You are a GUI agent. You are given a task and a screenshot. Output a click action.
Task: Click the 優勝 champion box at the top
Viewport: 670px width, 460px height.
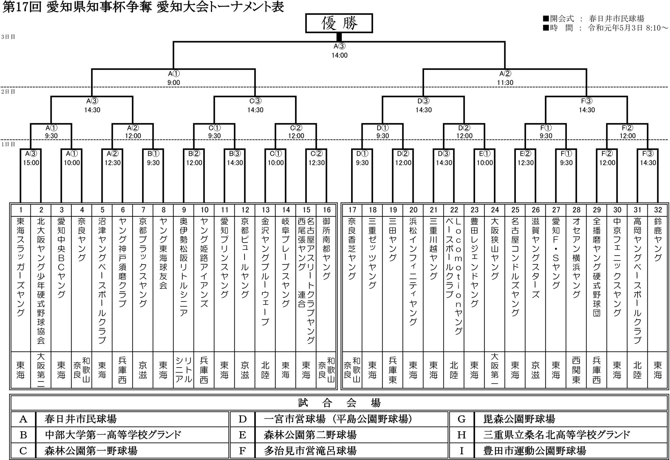[339, 23]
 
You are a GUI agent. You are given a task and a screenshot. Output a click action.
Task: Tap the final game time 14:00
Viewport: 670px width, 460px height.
[339, 55]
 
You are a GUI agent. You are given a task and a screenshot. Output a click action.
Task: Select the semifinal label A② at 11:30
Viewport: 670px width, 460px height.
[505, 74]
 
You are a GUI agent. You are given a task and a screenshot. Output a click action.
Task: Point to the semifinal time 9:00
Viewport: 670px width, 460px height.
[174, 82]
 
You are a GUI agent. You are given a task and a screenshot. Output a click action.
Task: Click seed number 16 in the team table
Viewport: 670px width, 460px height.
[327, 210]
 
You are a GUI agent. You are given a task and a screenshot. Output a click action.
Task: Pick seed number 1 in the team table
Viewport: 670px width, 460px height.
[21, 210]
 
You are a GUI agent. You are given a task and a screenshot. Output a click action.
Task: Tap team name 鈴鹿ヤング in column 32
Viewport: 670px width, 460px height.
[658, 240]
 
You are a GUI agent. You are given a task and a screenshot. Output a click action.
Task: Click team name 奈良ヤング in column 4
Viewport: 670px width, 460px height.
[82, 240]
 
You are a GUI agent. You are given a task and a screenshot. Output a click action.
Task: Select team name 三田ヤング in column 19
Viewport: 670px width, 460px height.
[393, 240]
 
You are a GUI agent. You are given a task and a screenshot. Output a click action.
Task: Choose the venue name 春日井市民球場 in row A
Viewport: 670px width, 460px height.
[80, 419]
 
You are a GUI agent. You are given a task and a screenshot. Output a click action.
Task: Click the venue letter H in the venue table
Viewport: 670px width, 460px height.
[462, 435]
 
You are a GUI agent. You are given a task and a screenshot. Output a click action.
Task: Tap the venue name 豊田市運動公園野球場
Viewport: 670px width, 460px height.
[535, 451]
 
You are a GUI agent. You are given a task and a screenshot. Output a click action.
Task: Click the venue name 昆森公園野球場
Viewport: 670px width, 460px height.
[519, 419]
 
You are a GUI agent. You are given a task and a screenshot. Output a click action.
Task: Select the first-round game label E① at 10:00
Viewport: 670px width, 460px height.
[485, 154]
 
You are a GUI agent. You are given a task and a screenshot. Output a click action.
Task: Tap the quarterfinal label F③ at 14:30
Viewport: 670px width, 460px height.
[587, 101]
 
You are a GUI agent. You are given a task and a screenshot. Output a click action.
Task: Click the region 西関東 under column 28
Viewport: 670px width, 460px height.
[576, 370]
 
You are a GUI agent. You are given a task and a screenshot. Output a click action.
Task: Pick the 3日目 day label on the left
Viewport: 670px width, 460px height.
[8, 37]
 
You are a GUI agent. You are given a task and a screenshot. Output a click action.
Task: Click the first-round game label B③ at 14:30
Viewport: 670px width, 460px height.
[235, 154]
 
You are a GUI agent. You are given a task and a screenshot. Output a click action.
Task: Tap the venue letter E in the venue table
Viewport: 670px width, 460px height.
[243, 435]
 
